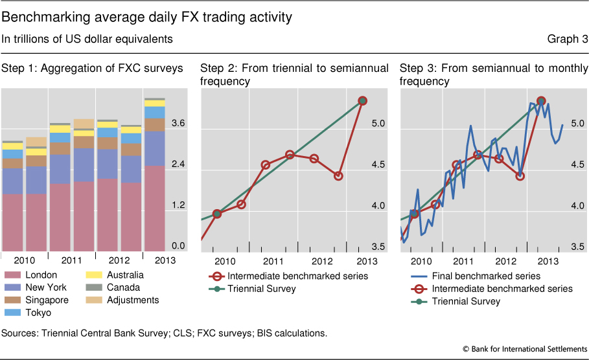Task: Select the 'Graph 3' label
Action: coord(568,39)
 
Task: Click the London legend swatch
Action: coord(12,275)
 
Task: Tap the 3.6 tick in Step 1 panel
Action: coord(178,124)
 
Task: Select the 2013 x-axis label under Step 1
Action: coord(154,260)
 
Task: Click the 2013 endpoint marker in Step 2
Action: coord(363,100)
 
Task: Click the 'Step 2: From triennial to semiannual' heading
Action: coord(294,68)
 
